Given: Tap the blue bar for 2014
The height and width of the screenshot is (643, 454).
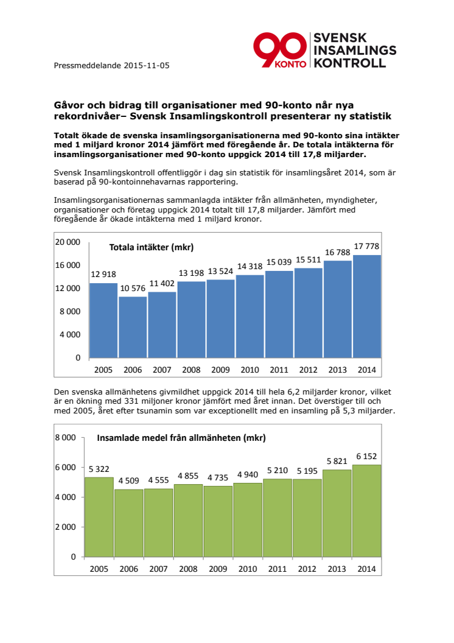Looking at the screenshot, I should click(367, 307).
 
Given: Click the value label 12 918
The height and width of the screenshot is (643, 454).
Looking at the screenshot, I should click(103, 275).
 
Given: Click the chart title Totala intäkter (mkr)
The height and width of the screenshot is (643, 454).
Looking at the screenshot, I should click(151, 247).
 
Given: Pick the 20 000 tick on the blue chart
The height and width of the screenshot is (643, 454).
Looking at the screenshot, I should click(68, 242).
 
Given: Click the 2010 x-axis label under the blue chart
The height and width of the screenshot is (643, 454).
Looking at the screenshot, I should click(250, 370).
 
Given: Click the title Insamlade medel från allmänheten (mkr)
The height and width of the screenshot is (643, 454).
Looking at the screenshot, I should click(182, 437).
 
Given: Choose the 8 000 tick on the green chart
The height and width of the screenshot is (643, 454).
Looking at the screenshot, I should click(65, 437).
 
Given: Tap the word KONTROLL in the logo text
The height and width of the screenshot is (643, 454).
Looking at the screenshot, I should click(349, 63).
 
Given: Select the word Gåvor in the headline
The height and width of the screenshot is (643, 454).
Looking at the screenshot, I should click(69, 105).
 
